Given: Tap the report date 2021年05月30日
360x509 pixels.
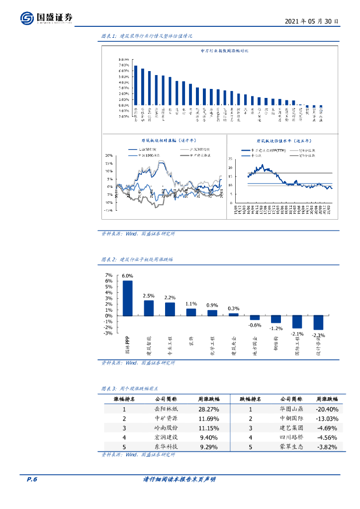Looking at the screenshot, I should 312,21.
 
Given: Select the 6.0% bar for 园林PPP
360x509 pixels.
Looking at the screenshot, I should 128,298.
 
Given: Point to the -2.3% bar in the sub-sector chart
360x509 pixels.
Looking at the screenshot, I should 318,323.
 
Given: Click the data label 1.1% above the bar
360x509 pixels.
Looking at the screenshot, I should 191,304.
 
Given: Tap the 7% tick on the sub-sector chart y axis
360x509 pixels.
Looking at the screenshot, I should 108,275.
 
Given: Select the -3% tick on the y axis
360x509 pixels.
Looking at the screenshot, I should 108,333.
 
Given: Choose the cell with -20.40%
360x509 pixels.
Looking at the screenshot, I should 327,409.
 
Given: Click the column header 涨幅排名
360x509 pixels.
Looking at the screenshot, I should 124,399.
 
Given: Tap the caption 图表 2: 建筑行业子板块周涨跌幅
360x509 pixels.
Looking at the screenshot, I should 137,259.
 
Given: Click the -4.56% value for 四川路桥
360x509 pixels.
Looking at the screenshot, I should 327,437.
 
